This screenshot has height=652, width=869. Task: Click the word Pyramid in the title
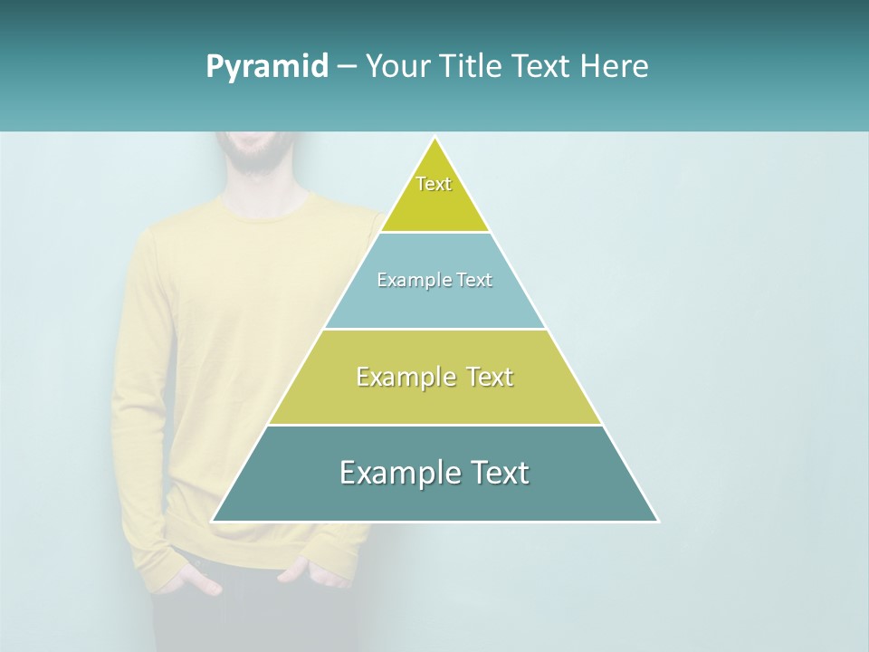click(x=267, y=67)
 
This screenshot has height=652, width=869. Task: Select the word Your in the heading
click(x=399, y=66)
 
